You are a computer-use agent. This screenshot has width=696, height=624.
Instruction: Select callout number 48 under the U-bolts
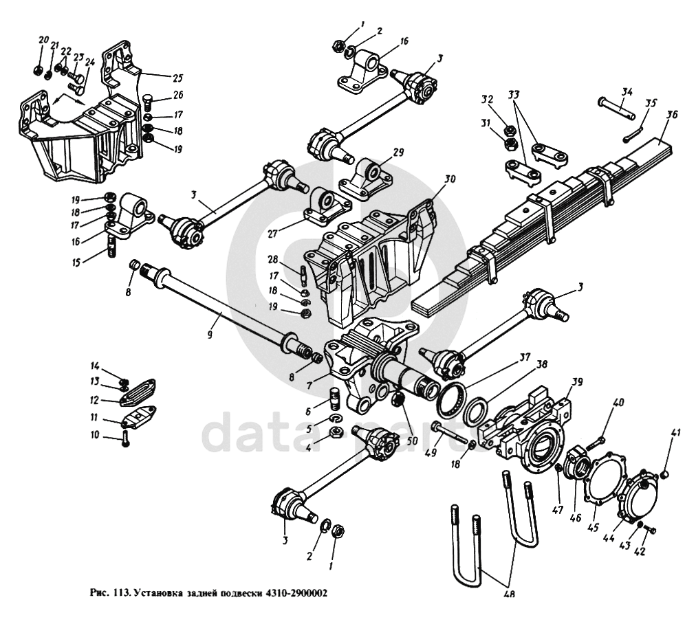tap(510, 595)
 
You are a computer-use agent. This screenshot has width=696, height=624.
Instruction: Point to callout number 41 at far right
tap(677, 432)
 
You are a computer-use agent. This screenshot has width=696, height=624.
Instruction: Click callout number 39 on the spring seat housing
tap(576, 382)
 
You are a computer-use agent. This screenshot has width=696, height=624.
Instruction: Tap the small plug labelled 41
tap(665, 475)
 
